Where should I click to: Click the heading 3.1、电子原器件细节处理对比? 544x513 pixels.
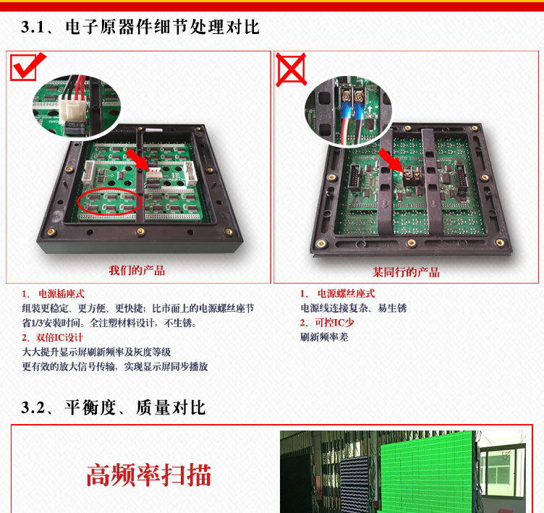[x=140, y=27]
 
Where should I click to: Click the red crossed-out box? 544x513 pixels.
[x=291, y=69]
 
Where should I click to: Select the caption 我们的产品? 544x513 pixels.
[x=137, y=271]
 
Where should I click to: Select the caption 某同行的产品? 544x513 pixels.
[x=406, y=272]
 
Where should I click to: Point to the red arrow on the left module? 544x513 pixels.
[x=138, y=160]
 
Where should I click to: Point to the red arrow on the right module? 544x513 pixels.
[x=391, y=161]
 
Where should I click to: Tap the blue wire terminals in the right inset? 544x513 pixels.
[x=352, y=110]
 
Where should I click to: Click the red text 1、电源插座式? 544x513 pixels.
[x=53, y=294]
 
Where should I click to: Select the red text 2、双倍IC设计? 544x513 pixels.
[x=52, y=337]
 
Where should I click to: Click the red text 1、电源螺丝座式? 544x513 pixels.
[x=338, y=294]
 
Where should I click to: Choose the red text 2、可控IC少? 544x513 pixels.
[x=327, y=323]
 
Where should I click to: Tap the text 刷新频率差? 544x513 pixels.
[x=324, y=337]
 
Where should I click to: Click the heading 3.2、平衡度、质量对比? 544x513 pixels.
[x=114, y=407]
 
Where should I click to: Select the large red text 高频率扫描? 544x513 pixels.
[x=149, y=475]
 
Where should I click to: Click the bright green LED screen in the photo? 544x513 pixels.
[x=428, y=472]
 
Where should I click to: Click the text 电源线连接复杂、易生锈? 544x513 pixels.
[x=354, y=308]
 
